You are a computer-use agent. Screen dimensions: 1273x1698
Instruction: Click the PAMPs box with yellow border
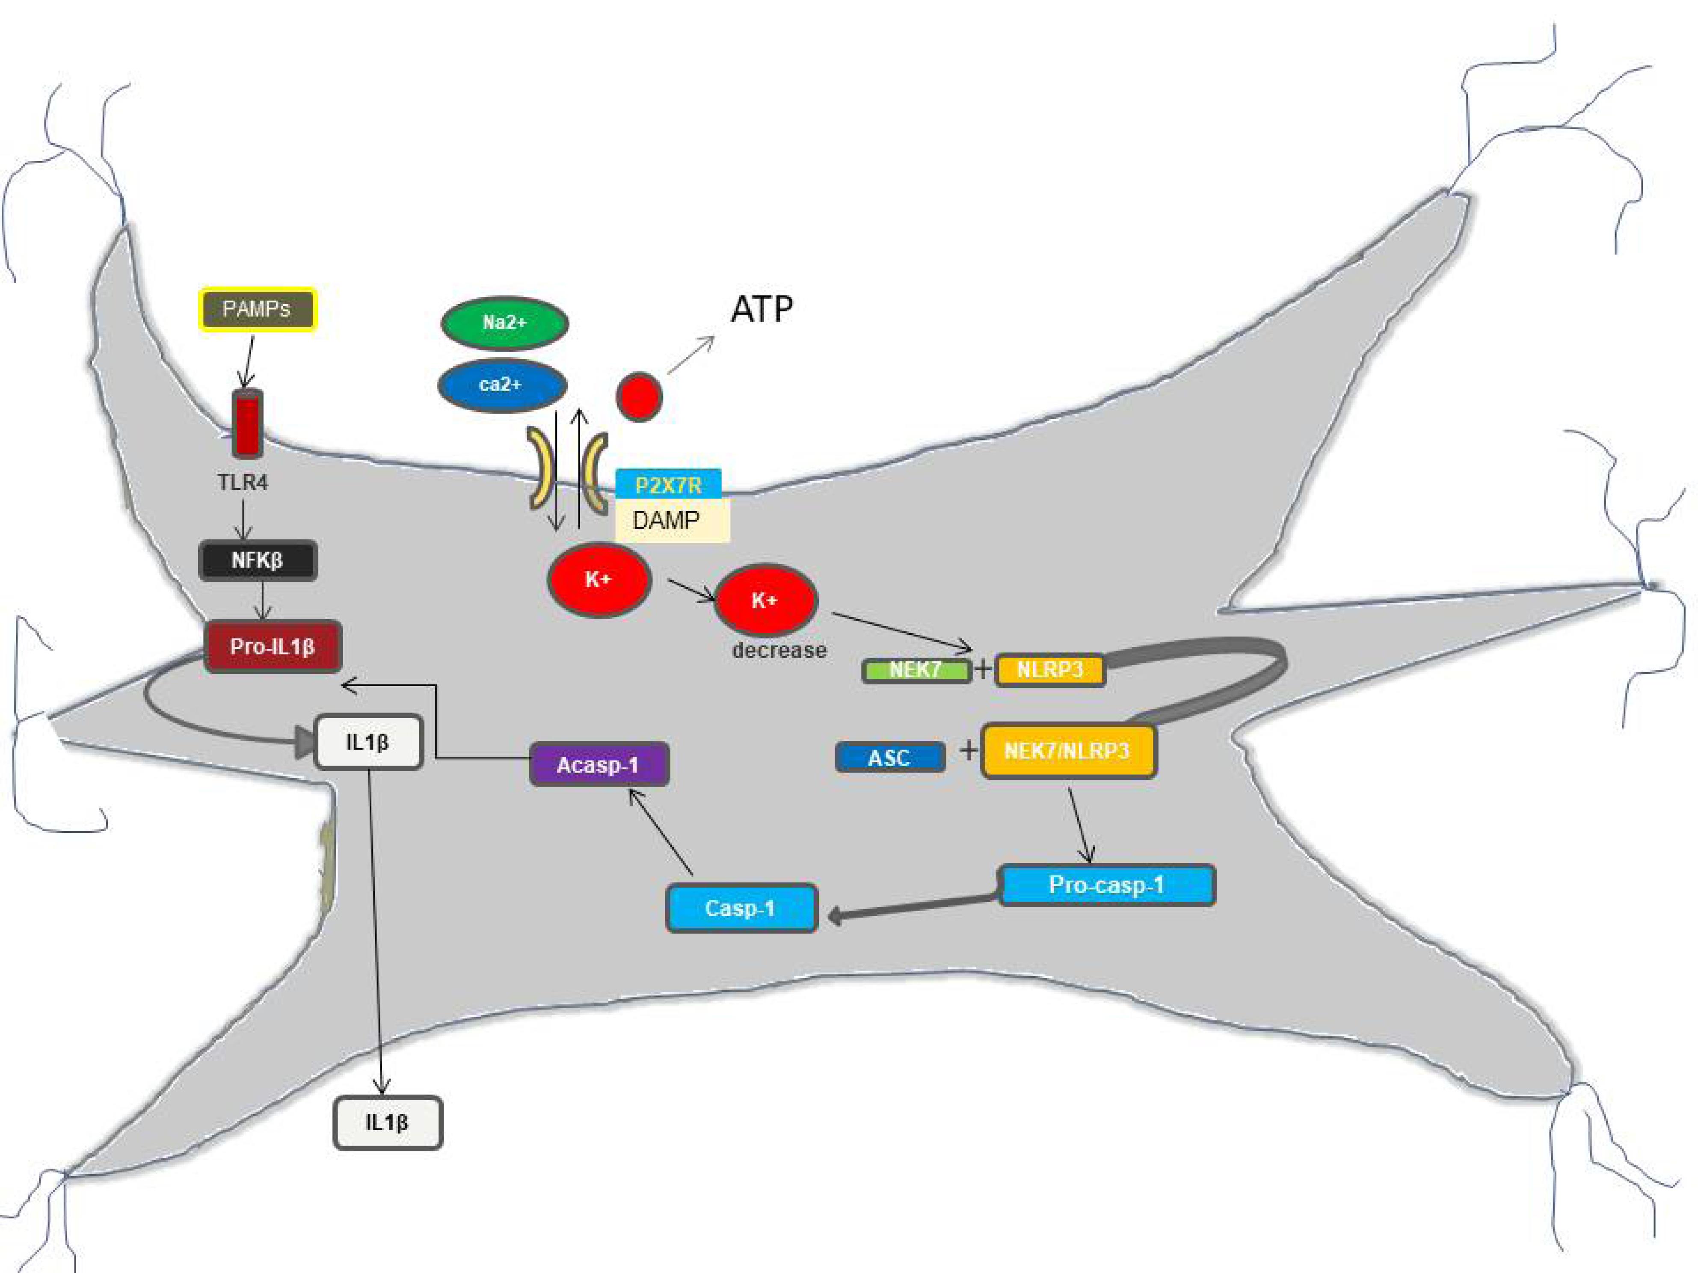coord(257,309)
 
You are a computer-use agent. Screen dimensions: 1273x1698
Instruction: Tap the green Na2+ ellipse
coord(504,322)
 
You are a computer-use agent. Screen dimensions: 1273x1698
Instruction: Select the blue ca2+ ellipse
coord(502,385)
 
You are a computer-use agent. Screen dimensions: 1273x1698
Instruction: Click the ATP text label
coord(762,309)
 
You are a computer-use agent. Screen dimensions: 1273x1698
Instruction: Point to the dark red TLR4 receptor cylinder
coord(247,423)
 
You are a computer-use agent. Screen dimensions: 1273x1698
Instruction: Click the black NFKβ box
coord(258,560)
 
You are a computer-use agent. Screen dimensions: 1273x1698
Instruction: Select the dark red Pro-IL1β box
coord(273,646)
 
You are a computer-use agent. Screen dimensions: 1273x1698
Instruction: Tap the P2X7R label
coord(668,484)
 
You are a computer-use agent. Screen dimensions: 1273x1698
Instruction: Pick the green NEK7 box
coord(916,670)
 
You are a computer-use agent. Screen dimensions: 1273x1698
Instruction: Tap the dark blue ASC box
coord(890,758)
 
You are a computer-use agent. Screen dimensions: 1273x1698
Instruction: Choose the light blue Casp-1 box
coord(741,909)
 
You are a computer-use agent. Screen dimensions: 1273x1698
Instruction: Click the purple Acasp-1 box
coord(599,764)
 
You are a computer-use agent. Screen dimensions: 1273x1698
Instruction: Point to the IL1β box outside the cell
coord(388,1122)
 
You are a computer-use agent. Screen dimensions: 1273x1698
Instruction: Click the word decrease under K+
coord(779,651)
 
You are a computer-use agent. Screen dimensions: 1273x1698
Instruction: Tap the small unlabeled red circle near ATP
coord(639,396)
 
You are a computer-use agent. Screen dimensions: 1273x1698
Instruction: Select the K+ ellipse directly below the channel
coord(599,579)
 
